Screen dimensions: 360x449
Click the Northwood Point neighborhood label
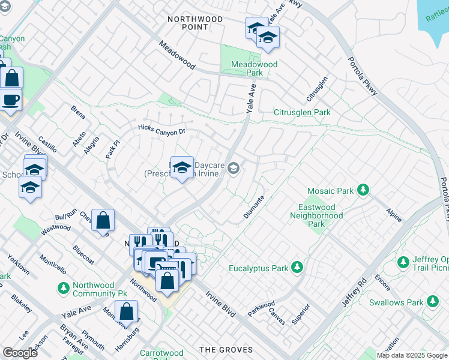point(194,23)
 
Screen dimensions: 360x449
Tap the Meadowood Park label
point(254,68)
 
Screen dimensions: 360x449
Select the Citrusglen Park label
point(302,112)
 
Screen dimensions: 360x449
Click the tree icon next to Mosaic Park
point(363,191)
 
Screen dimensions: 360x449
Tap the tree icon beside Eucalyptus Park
point(297,267)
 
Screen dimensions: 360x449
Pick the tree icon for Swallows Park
point(432,302)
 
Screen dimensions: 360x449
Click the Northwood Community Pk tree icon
point(63,288)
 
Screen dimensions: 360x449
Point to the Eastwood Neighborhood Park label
point(316,215)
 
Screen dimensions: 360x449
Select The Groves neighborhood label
point(223,350)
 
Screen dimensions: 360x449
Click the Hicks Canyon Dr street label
point(162,128)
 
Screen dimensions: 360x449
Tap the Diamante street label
point(254,207)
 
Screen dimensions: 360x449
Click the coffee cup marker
point(10,99)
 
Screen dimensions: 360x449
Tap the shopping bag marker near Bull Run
point(103,220)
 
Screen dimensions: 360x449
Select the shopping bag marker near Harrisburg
point(126,311)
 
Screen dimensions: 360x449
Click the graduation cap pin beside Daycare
point(181,167)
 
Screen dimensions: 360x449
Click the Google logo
point(20,353)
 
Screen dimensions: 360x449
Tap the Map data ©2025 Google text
point(411,355)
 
